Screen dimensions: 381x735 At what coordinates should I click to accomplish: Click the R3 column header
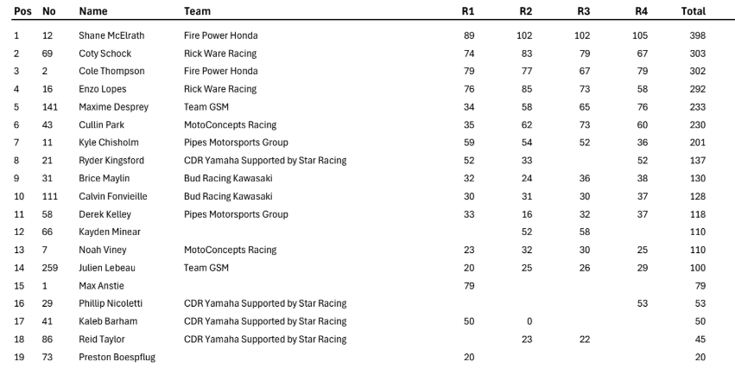click(584, 11)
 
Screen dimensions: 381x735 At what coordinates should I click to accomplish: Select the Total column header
click(694, 11)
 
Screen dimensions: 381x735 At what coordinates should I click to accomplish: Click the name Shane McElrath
click(111, 35)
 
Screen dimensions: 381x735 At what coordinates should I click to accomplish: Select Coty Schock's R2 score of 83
click(526, 54)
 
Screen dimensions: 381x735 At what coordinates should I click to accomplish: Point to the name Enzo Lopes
click(103, 89)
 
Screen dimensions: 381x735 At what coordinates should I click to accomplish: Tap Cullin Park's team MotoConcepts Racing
click(230, 125)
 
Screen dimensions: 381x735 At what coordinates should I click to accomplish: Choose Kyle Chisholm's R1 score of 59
click(468, 143)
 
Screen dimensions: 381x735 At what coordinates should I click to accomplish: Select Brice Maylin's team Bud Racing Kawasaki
click(228, 179)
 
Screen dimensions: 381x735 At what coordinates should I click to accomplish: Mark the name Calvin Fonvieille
click(113, 196)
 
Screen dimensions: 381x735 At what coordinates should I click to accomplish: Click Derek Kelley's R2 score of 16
click(526, 214)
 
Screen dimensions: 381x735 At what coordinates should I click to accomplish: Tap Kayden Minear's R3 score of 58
click(584, 232)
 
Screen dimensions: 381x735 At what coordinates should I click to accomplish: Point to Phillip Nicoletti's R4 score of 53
click(642, 303)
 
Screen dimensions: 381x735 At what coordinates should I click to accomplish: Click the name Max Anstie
click(102, 286)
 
